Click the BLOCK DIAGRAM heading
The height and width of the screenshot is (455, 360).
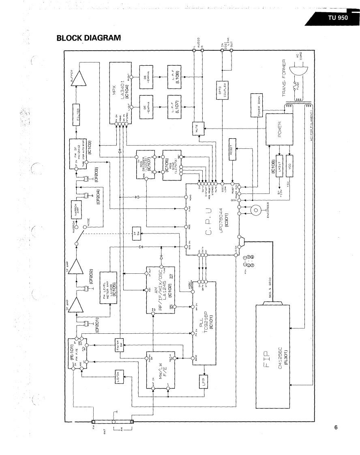pos(89,38)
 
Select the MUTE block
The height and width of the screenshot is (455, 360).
pos(196,130)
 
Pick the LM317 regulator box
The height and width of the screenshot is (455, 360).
pos(279,166)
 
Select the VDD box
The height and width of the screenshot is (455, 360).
pos(290,166)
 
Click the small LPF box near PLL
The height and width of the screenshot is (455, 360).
pos(204,381)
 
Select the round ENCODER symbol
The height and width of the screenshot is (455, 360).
pos(255,210)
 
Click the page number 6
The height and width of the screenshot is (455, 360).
pos(336,427)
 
